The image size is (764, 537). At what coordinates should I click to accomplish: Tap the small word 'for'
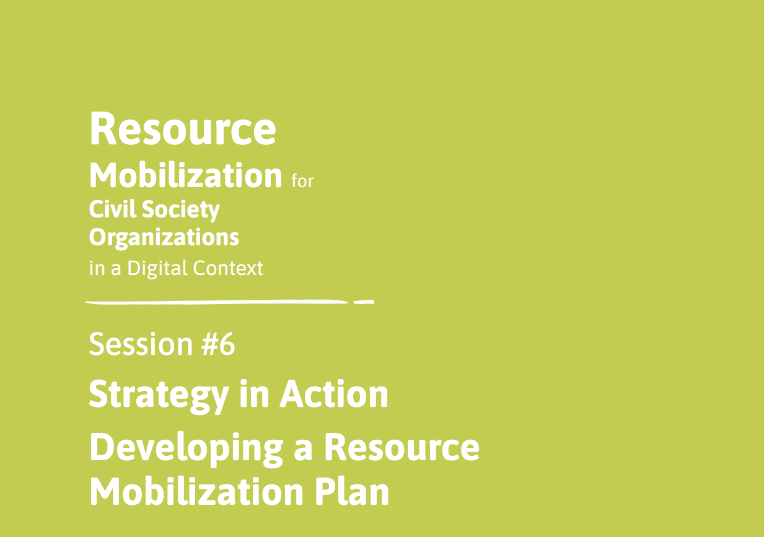302,181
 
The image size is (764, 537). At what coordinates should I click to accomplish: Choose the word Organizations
164,238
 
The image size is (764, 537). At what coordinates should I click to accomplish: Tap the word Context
228,268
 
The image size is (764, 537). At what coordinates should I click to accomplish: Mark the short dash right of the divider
363,303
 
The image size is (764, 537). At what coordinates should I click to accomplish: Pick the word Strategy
158,395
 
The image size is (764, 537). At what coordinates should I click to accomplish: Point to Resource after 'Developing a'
402,447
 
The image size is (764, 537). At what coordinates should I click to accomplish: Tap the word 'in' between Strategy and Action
253,393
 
